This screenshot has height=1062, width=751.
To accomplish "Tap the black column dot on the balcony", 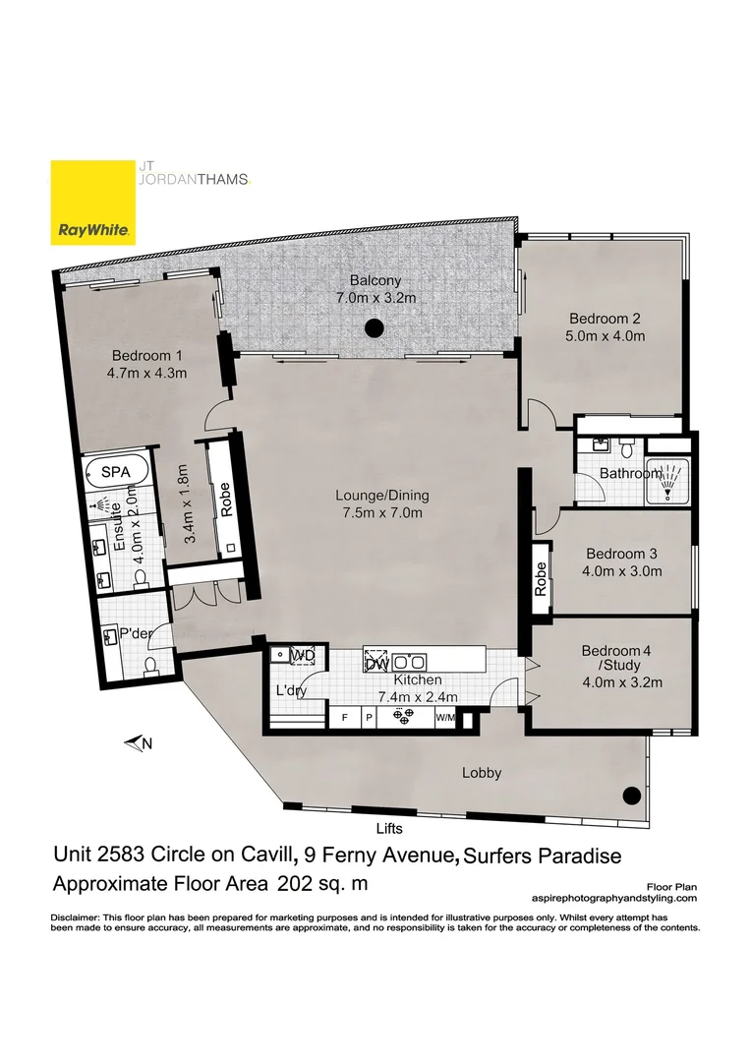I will click(373, 328).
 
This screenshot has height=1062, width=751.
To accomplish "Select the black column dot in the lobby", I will click(629, 796).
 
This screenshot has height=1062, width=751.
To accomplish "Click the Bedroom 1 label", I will click(146, 355).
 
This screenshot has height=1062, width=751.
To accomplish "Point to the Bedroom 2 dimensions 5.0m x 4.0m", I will click(607, 336).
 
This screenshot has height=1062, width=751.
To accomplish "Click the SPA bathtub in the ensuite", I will click(117, 473).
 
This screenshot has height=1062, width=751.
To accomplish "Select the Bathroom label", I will click(630, 473).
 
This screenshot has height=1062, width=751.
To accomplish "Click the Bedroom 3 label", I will click(621, 553).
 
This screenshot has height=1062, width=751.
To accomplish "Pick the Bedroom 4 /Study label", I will click(621, 658).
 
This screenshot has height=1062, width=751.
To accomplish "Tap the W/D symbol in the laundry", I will click(302, 655).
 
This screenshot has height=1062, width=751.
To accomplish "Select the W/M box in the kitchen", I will click(445, 718).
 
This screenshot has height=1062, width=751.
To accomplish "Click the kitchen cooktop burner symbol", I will click(401, 717).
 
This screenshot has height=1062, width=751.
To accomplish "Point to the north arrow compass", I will click(138, 744).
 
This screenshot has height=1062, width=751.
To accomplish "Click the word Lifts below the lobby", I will click(389, 829).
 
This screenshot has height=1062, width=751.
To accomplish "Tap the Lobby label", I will click(482, 773).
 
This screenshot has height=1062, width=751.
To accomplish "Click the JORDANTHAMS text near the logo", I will click(191, 179).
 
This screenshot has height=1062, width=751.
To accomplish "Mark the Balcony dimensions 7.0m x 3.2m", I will click(372, 297).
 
